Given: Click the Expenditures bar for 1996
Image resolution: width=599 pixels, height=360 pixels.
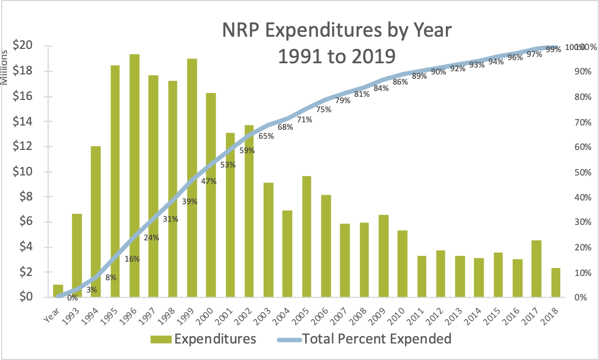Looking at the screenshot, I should coord(134,175).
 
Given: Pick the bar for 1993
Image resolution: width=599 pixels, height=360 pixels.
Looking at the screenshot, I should coord(77,255).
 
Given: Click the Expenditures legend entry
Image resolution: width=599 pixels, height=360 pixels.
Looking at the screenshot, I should coord(204,339).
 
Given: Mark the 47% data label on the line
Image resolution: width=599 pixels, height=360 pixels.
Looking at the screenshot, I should coord(209,181).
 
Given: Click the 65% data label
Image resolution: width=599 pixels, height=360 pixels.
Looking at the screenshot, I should coord(266,136).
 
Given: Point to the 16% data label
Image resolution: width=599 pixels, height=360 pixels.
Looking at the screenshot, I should coord(132,259).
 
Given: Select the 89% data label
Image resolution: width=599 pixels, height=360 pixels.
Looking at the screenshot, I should coord(419,76).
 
